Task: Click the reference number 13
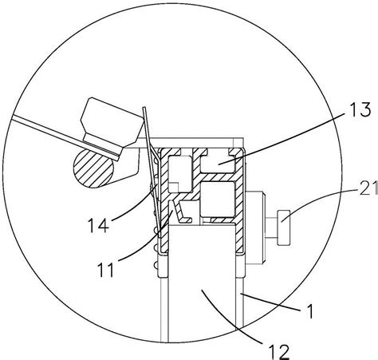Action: (357, 110)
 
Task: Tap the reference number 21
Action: (369, 188)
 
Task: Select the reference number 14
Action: (98, 225)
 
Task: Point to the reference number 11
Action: (106, 270)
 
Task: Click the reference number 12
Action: (278, 351)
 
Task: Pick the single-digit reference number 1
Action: (309, 311)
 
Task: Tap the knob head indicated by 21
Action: (284, 227)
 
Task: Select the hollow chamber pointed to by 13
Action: (218, 163)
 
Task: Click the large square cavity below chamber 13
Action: (218, 199)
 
